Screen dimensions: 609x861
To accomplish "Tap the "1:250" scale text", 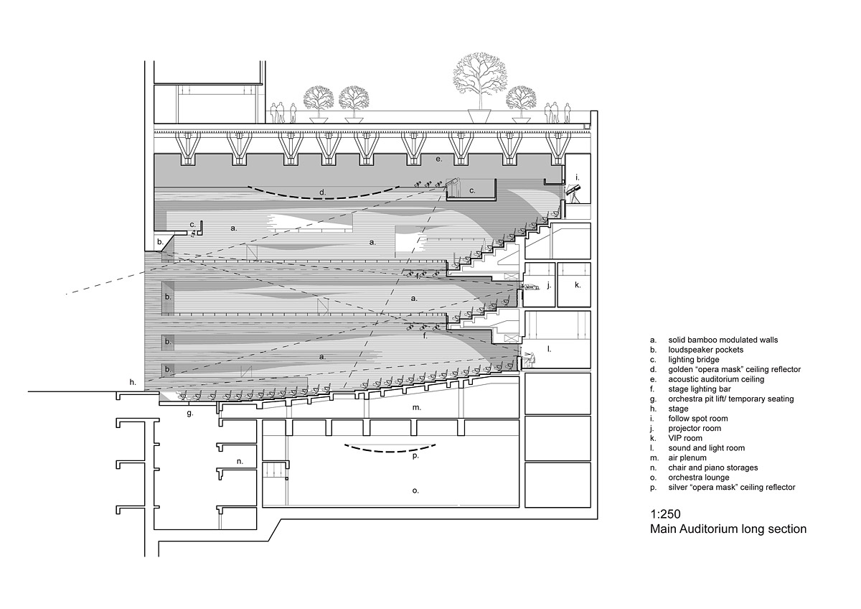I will point(665,514).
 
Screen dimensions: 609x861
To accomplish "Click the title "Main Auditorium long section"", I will point(728,529).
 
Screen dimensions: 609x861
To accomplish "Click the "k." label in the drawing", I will point(578,285).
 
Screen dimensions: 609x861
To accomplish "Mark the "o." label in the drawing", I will point(415,491).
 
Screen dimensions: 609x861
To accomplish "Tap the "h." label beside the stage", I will point(133,383).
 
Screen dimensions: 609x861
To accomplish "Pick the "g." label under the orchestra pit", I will point(189,413).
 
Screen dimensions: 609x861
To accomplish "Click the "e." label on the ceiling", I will point(438,158).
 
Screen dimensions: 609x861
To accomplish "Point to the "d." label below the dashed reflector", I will point(323,192).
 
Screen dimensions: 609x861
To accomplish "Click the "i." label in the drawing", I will point(576,177).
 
